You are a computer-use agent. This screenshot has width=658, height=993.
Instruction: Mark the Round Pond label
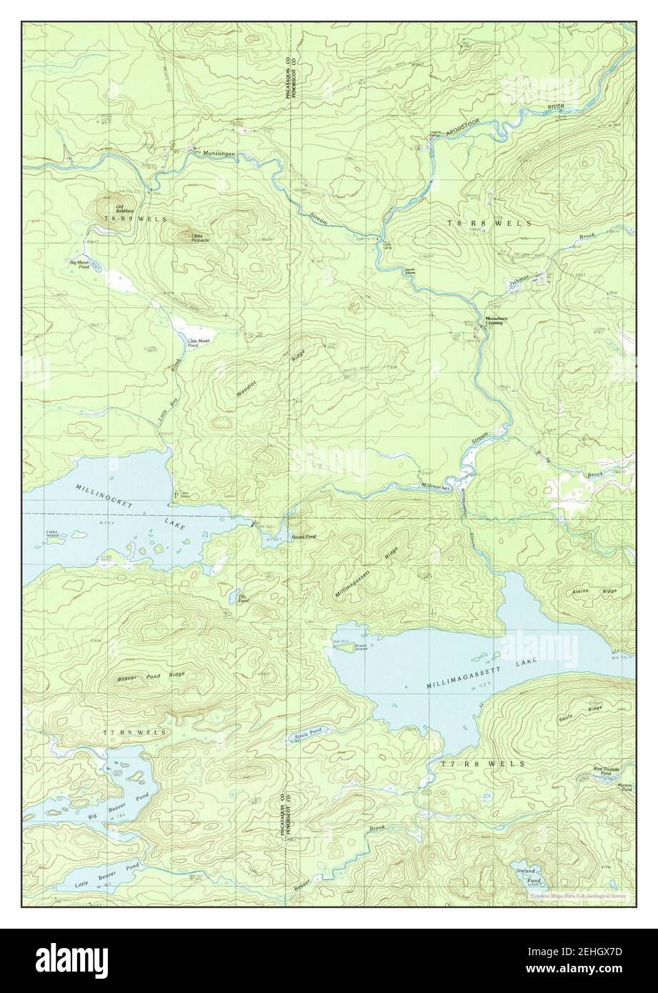pyautogui.click(x=303, y=536)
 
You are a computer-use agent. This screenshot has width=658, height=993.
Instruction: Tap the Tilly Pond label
pyautogui.click(x=244, y=599)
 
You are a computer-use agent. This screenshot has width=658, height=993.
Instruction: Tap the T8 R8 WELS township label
pyautogui.click(x=489, y=224)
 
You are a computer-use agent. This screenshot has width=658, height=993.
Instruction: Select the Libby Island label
pyautogui.click(x=51, y=534)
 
